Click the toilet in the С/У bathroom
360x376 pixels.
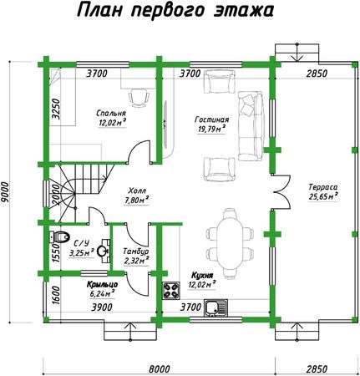pyautogui.click(x=59, y=237)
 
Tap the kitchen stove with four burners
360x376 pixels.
pyautogui.click(x=170, y=291)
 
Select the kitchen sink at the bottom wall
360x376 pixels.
pyautogui.click(x=215, y=308)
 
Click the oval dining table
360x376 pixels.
pyautogui.click(x=230, y=244)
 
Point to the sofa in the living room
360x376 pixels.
pyautogui.click(x=251, y=126)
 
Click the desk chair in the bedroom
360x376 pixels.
pyautogui.click(x=139, y=98)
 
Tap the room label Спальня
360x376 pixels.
pyautogui.click(x=111, y=114)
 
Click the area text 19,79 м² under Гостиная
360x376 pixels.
pyautogui.click(x=210, y=129)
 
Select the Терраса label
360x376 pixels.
pyautogui.click(x=323, y=187)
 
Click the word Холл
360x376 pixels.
pyautogui.click(x=137, y=191)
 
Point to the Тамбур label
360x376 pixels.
pyautogui.click(x=136, y=252)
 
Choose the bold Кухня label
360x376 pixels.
pyautogui.click(x=202, y=276)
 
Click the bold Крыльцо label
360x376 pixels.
pyautogui.click(x=102, y=284)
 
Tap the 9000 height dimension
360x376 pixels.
pyautogui.click(x=5, y=192)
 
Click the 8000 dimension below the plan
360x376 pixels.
pyautogui.click(x=159, y=368)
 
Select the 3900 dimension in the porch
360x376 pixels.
pyautogui.click(x=102, y=307)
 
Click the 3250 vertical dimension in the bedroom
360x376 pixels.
pyautogui.click(x=56, y=109)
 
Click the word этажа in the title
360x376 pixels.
pyautogui.click(x=244, y=11)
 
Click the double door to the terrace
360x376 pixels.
pyautogui.click(x=281, y=192)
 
